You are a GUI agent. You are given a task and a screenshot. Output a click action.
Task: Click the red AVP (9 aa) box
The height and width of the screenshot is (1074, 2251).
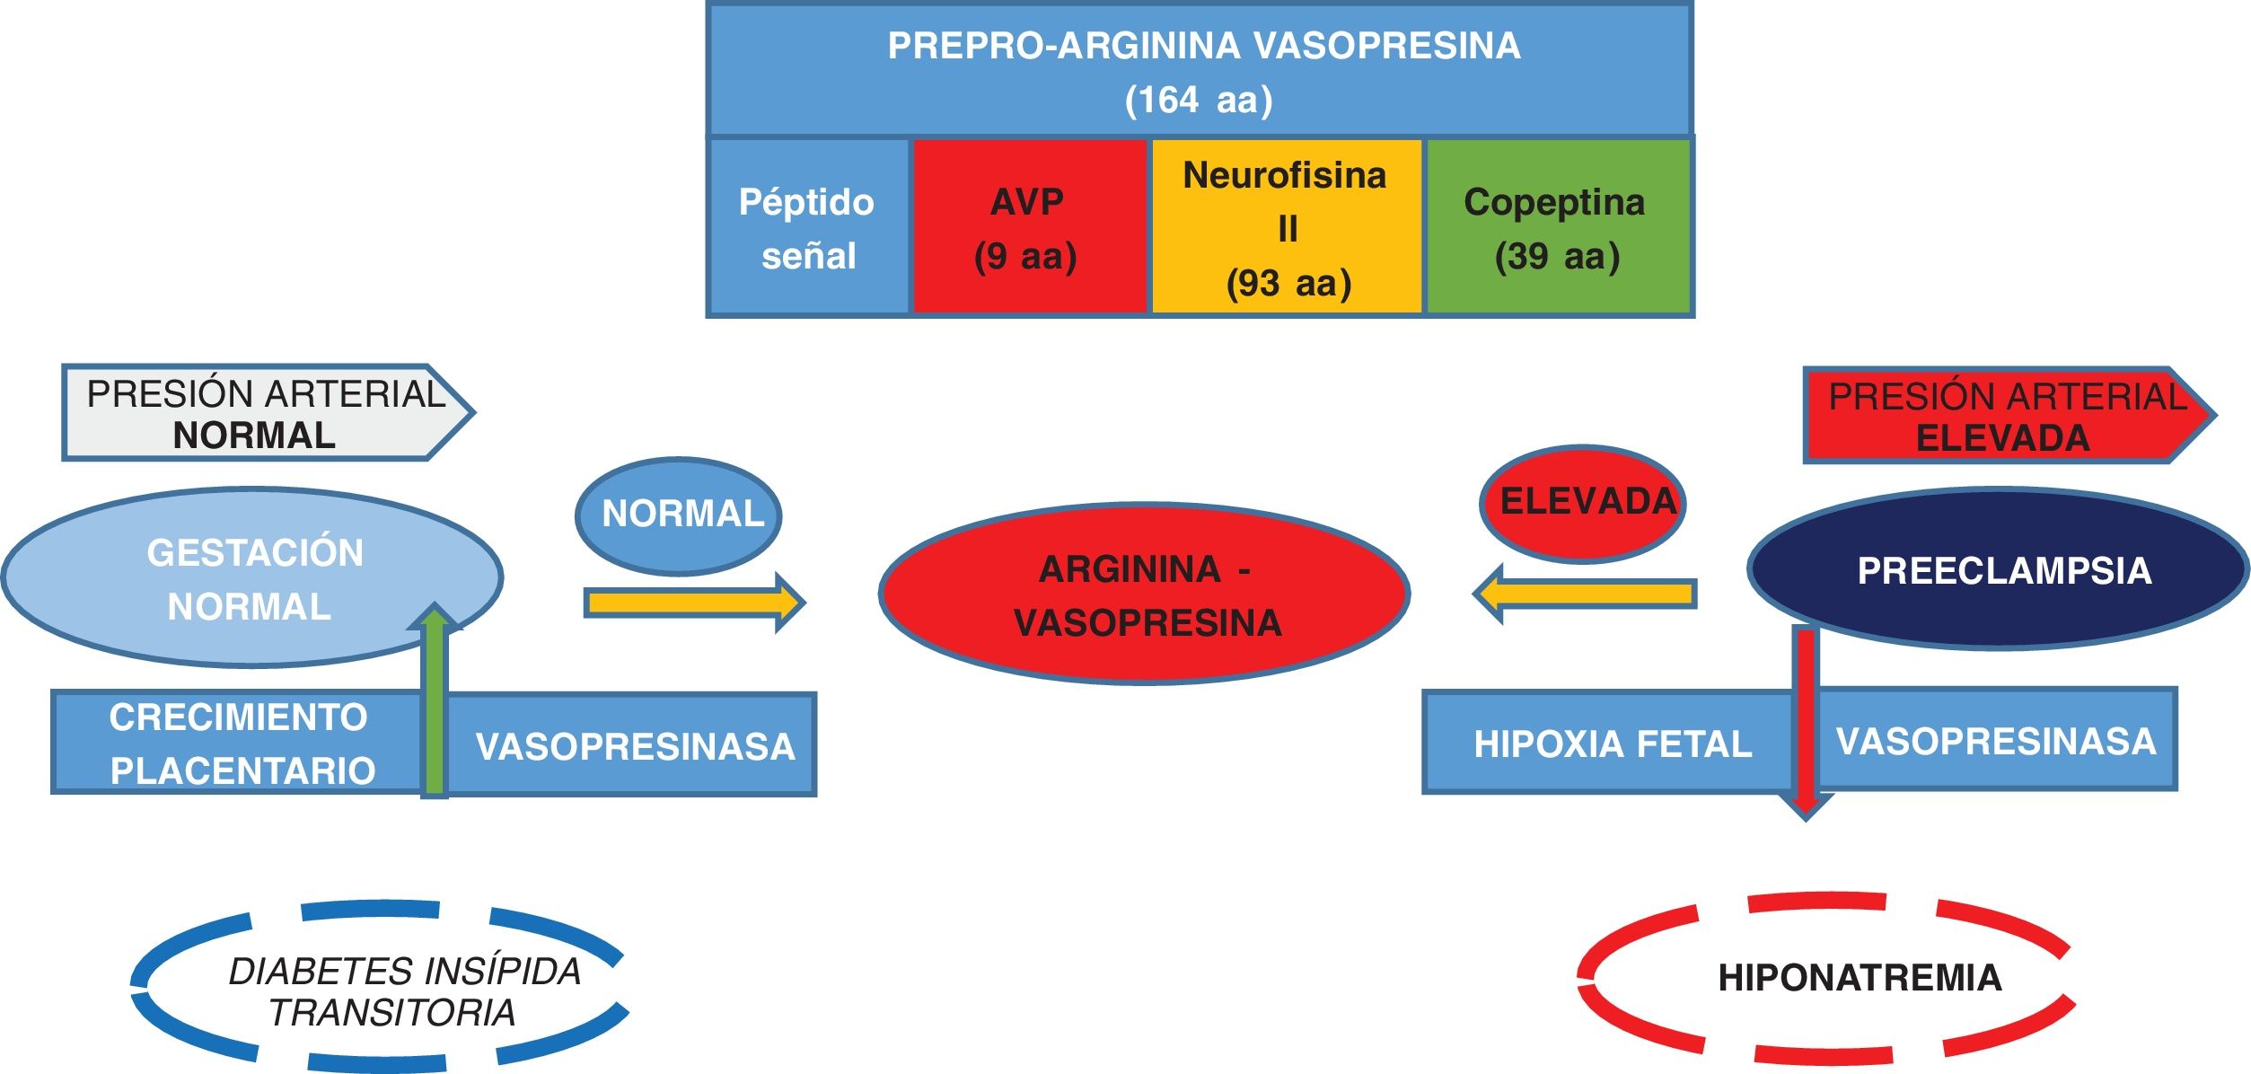point(1029,227)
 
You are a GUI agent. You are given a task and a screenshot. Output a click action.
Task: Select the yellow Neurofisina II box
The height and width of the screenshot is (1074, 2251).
point(1287,227)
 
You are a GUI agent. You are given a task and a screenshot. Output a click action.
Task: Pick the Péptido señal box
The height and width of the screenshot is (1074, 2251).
point(808,227)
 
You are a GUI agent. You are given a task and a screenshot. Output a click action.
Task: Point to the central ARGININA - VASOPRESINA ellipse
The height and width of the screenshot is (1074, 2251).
point(1144,594)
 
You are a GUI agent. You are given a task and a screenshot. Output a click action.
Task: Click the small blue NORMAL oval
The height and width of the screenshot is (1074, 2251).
point(679,515)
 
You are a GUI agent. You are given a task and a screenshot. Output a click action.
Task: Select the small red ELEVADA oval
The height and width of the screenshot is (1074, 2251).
point(1583,503)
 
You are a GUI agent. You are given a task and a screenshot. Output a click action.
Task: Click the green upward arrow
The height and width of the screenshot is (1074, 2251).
point(435,700)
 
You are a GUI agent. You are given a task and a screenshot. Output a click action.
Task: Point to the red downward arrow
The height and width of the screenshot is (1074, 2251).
point(1806,718)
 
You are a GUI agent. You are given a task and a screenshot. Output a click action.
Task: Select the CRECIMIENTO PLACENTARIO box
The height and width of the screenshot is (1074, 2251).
point(237,744)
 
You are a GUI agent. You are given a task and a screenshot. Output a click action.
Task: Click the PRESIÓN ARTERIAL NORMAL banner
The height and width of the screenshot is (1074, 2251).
point(265,413)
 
